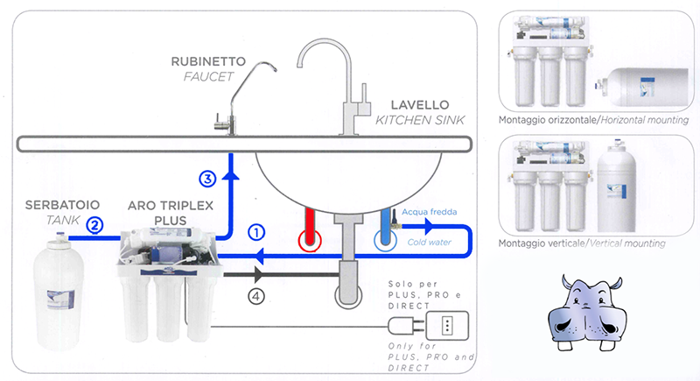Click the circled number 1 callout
tap(256, 233)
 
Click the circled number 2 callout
tap(96, 224)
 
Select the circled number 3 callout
tap(207, 179)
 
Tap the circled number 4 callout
tap(256, 296)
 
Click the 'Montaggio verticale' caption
tap(528, 243)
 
